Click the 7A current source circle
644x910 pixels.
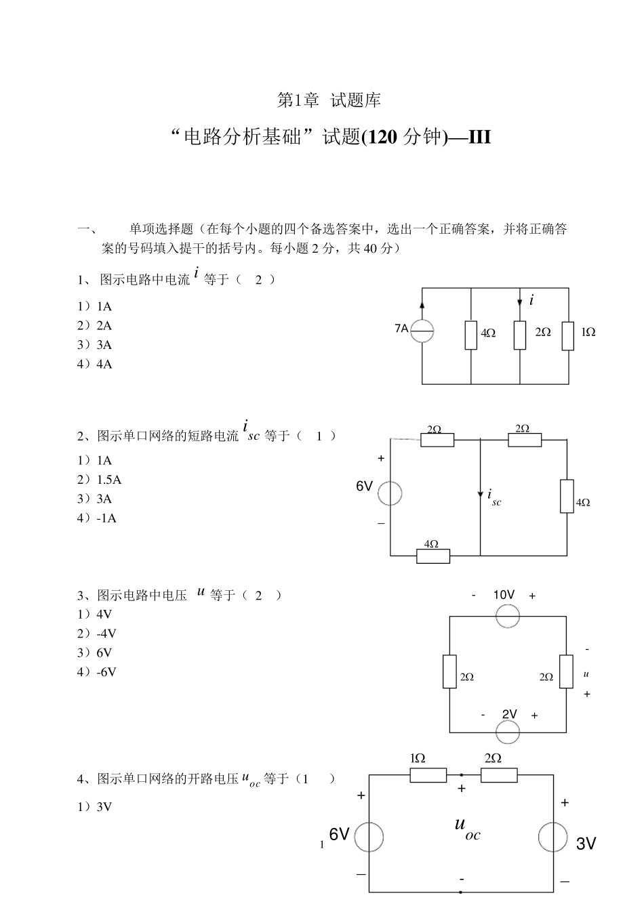[x=422, y=331]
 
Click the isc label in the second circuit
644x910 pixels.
[x=494, y=498]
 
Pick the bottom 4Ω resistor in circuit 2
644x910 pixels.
[x=433, y=556]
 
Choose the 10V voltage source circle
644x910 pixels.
[x=508, y=616]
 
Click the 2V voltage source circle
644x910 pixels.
[x=508, y=732]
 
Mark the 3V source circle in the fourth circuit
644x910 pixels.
[x=553, y=837]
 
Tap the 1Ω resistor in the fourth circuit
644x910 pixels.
[x=428, y=775]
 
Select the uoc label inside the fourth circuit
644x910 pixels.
[x=467, y=828]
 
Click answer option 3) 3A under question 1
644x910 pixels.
[x=95, y=345]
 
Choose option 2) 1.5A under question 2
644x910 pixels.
[x=100, y=480]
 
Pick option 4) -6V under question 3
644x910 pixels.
[x=97, y=672]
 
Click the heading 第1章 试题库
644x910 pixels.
[x=329, y=100]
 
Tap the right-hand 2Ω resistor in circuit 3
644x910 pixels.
[x=567, y=671]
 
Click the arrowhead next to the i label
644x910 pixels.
[x=520, y=302]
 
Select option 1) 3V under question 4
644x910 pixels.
[x=95, y=807]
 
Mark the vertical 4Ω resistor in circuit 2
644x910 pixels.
[x=567, y=495]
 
